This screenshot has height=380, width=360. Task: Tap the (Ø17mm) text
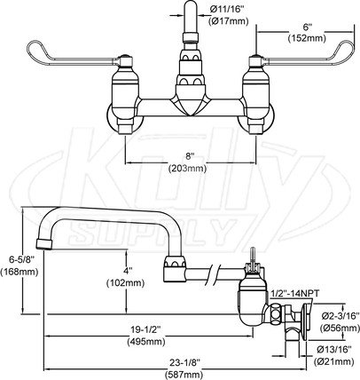click(x=228, y=21)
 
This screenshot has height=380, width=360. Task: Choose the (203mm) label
click(x=187, y=169)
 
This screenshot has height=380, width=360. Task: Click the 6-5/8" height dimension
click(x=18, y=260)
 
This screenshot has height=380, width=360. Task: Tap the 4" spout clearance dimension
click(x=126, y=271)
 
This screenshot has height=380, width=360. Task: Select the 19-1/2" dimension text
click(x=145, y=329)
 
